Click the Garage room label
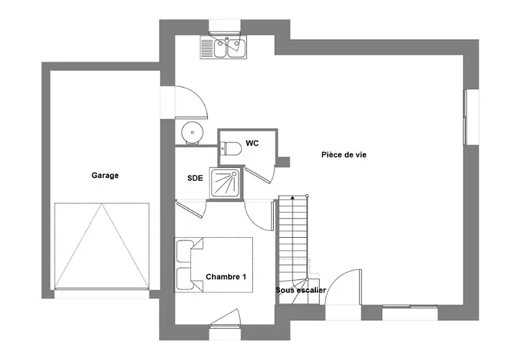[105, 175]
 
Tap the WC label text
[252, 143]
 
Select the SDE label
[195, 178]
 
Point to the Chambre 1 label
[226, 277]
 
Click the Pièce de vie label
[344, 155]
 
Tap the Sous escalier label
[301, 290]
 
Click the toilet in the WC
[231, 149]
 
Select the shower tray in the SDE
[225, 184]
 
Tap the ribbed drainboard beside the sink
[207, 47]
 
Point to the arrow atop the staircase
[292, 198]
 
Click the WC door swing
[261, 174]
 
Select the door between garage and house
[191, 102]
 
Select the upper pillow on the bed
[185, 251]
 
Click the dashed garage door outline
[102, 246]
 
